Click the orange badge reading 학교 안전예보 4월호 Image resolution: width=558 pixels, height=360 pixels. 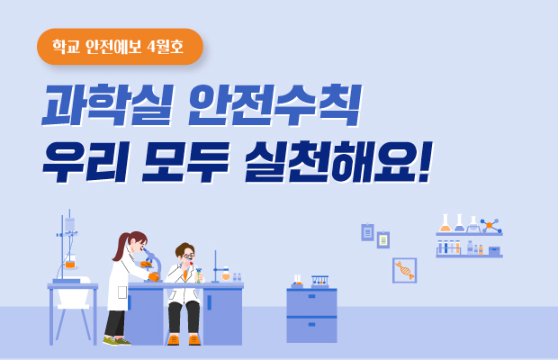point(120,47)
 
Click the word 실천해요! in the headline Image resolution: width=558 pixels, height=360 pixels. point(337,164)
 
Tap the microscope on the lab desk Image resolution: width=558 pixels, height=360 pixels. point(153,268)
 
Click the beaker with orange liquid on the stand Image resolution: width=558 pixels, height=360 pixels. point(70,264)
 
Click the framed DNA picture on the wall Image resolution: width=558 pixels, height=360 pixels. point(404,270)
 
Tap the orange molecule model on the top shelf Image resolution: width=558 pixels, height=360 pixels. point(490,225)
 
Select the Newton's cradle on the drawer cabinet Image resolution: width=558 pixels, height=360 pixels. point(319,282)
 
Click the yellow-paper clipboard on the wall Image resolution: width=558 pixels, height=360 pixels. point(383,239)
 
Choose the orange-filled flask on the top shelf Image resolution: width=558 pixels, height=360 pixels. point(445,224)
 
